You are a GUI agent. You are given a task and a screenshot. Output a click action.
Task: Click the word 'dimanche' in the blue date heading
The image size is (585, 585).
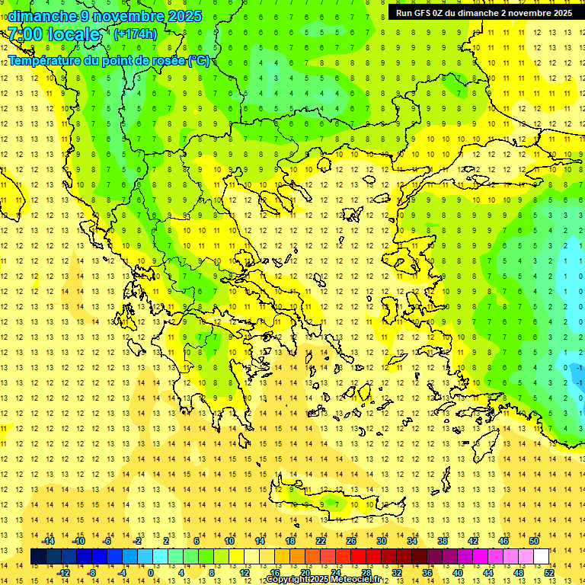click(x=42, y=16)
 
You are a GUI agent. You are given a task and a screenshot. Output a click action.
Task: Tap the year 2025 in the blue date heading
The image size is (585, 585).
click(x=183, y=16)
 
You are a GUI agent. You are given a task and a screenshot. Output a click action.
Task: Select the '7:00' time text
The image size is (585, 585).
click(x=25, y=34)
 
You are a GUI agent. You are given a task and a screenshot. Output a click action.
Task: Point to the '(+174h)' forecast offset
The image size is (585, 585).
click(x=135, y=34)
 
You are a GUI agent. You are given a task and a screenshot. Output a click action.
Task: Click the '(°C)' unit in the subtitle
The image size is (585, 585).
click(x=198, y=60)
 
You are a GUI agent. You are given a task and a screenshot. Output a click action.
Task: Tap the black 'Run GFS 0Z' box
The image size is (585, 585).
click(x=484, y=13)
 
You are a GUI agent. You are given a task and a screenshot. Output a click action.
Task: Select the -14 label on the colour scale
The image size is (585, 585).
click(x=48, y=541)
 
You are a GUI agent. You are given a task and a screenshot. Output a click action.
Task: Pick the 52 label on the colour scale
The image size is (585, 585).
click(x=549, y=573)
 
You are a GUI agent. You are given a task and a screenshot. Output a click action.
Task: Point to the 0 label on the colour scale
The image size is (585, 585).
click(x=151, y=573)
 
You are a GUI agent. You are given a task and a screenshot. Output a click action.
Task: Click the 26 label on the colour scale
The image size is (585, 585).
click(x=350, y=541)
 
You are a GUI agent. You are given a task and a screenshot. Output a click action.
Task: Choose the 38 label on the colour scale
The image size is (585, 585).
click(x=442, y=541)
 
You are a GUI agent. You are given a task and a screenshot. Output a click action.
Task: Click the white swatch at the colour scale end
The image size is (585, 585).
click(x=541, y=557)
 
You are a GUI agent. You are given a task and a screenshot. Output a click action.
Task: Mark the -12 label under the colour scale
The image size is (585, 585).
click(x=63, y=573)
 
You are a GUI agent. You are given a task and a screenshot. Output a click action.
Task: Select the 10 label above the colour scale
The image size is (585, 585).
click(x=229, y=541)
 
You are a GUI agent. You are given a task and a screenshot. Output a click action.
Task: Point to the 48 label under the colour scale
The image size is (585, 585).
click(x=519, y=573)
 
